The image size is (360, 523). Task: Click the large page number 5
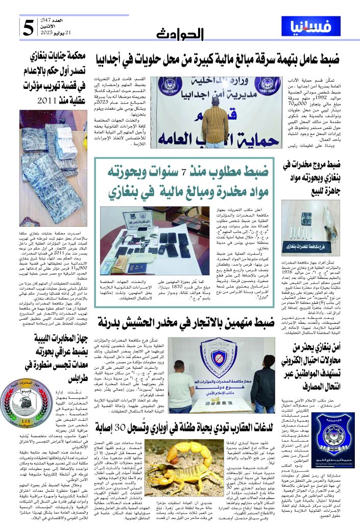[29, 28]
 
